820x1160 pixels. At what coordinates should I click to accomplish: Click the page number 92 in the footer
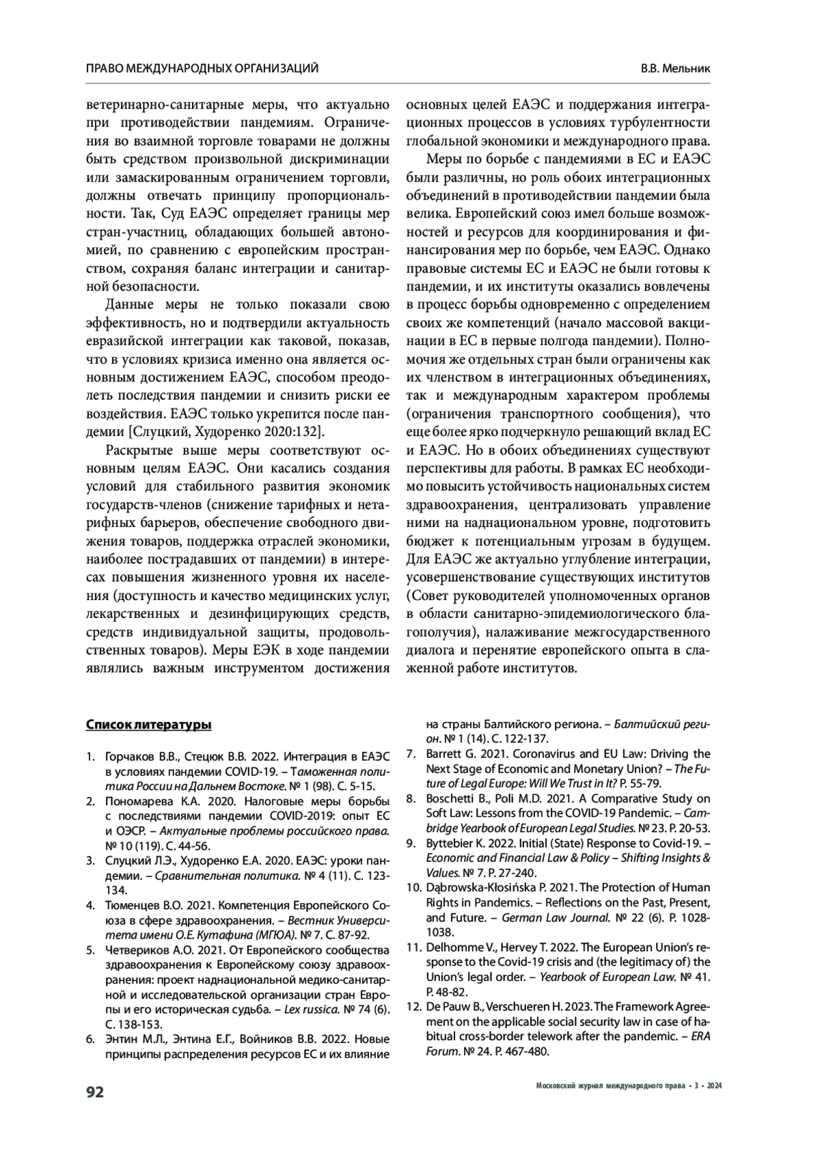pos(94,1092)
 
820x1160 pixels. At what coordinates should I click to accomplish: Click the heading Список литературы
pos(148,725)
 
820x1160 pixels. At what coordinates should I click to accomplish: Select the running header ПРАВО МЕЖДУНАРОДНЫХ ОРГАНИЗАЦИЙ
pos(202,68)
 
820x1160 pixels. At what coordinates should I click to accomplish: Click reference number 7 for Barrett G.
pos(411,754)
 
